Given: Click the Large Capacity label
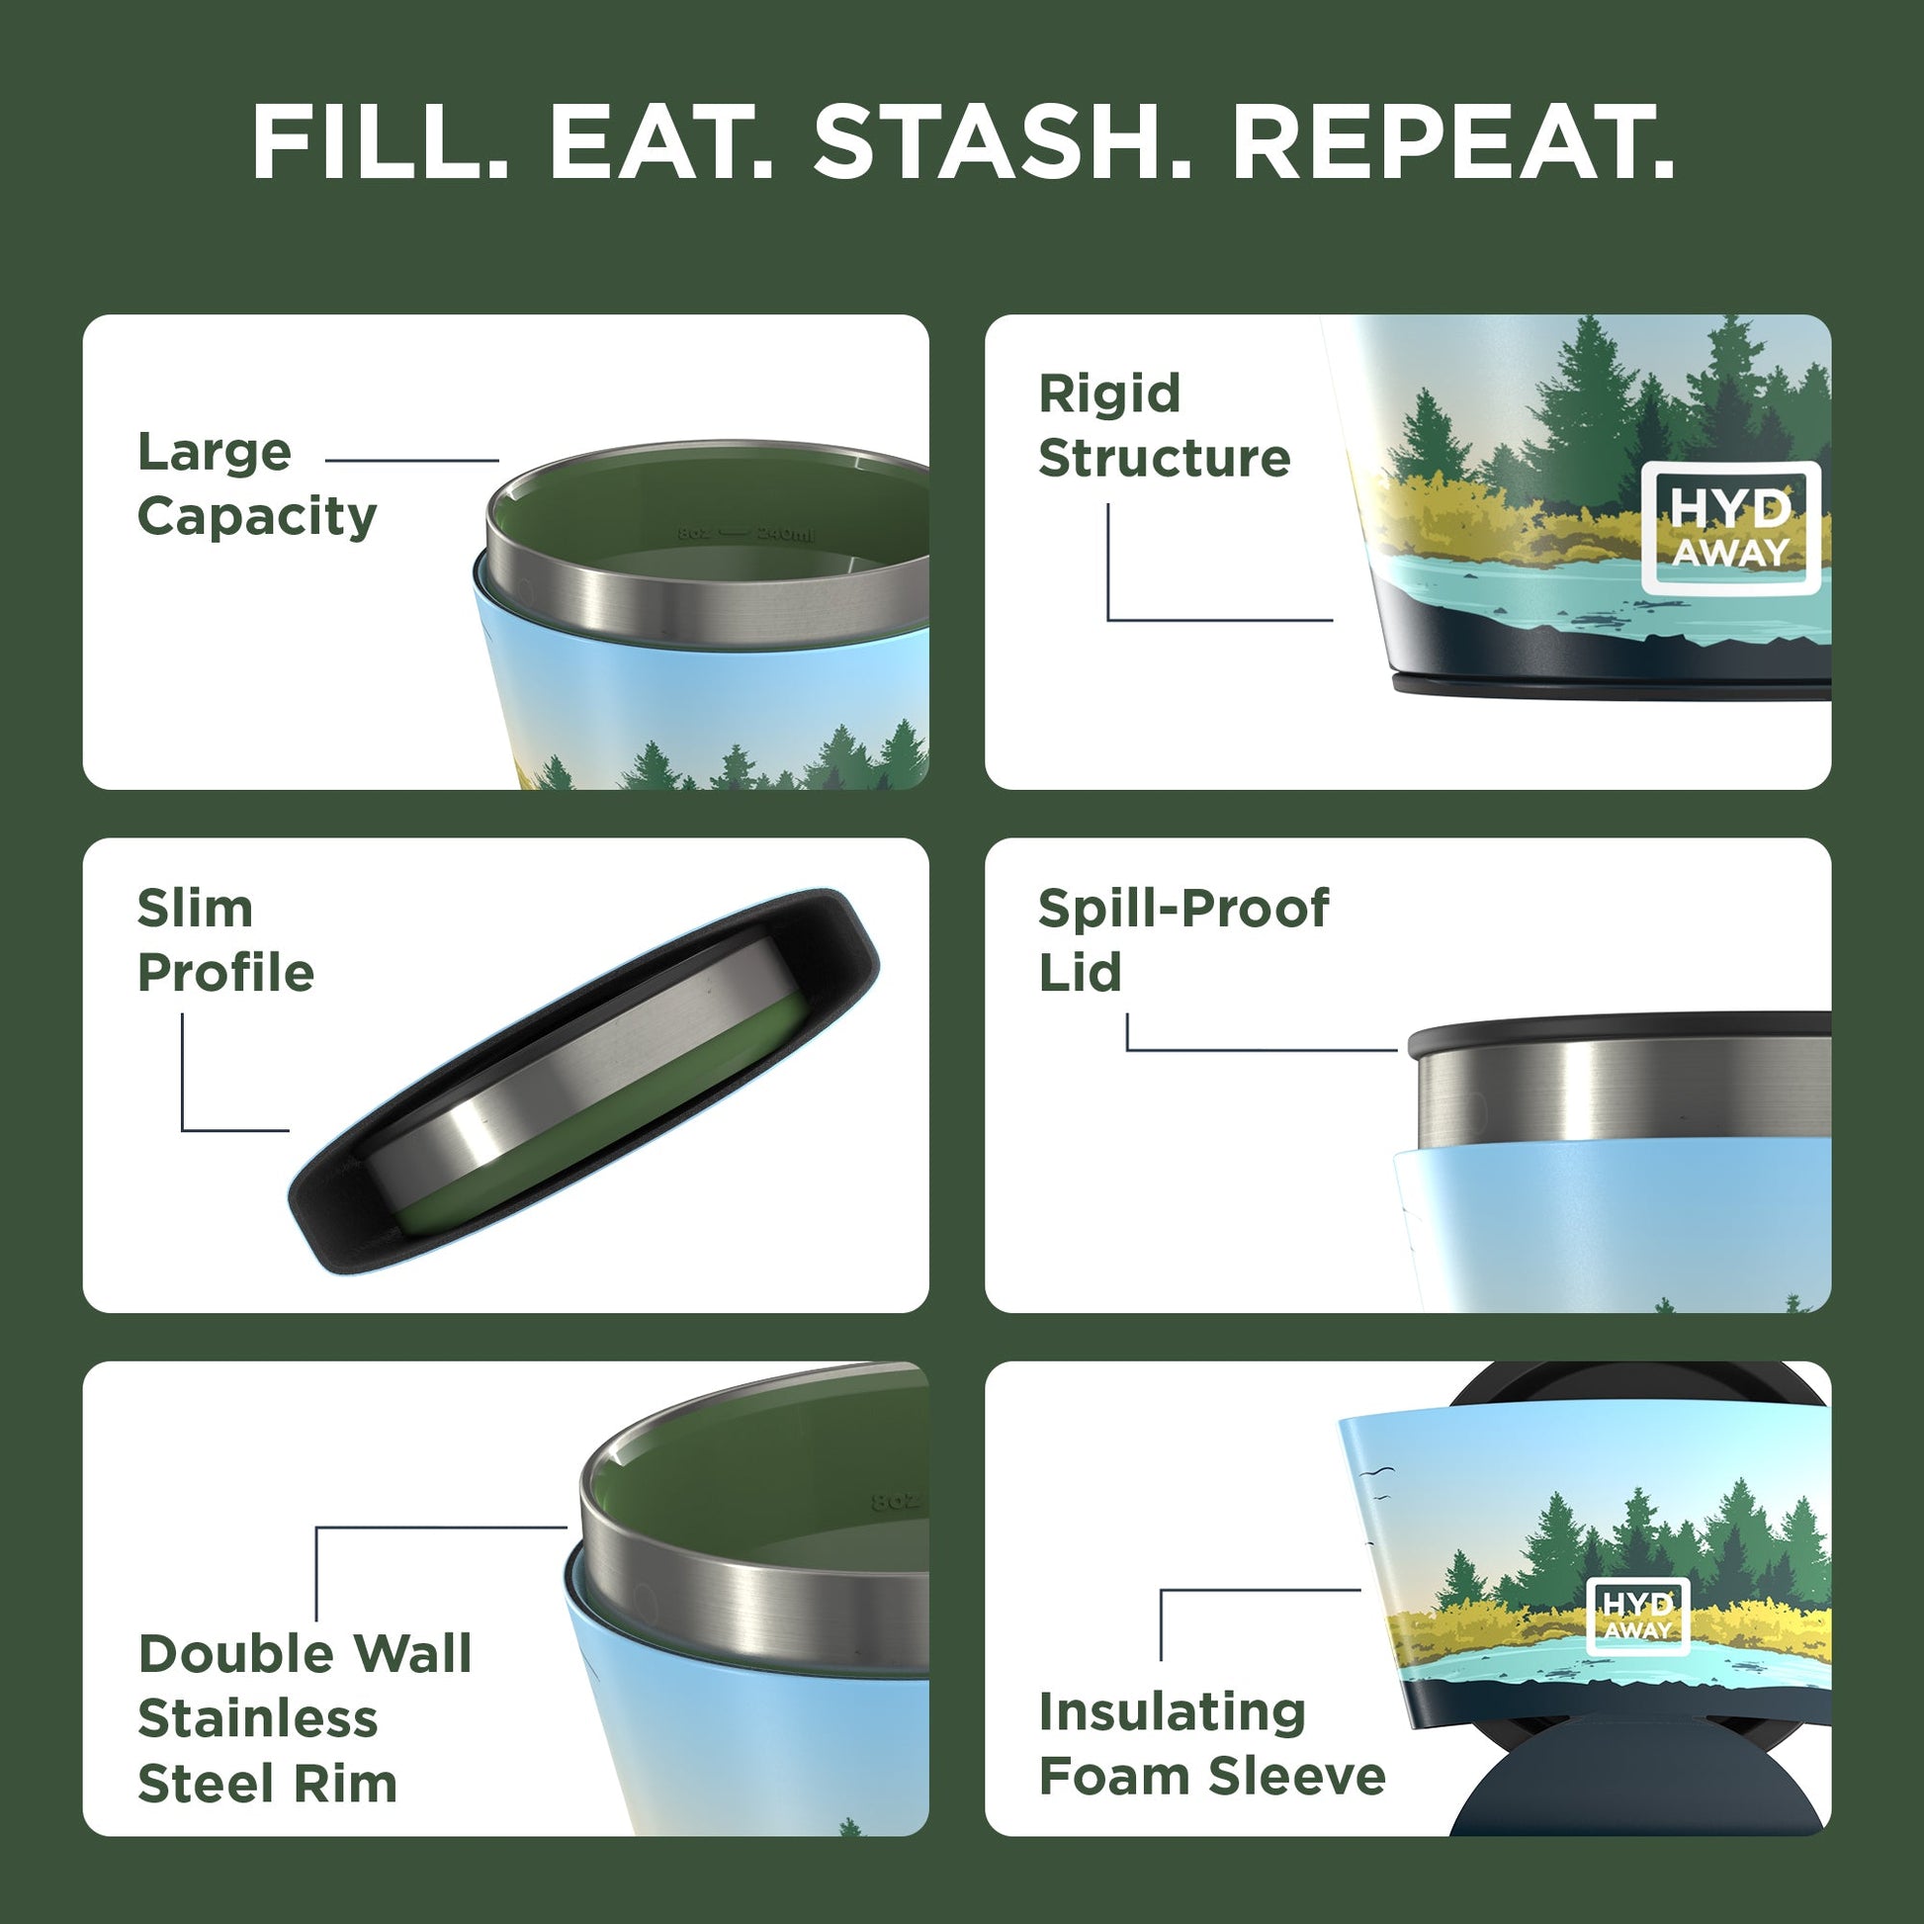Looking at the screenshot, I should coord(257,484).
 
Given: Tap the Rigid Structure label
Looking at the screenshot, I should coord(1163,426).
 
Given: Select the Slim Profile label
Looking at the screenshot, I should coord(225,940).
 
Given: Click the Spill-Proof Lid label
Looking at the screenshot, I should coord(1182,940).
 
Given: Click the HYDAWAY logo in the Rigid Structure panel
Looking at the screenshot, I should coord(1730,529).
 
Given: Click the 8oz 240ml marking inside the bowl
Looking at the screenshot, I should coord(745,534).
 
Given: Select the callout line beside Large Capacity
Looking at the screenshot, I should coord(411,461).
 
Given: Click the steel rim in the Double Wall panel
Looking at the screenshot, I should coord(757,1594).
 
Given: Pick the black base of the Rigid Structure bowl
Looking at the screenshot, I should coord(1614,684).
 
